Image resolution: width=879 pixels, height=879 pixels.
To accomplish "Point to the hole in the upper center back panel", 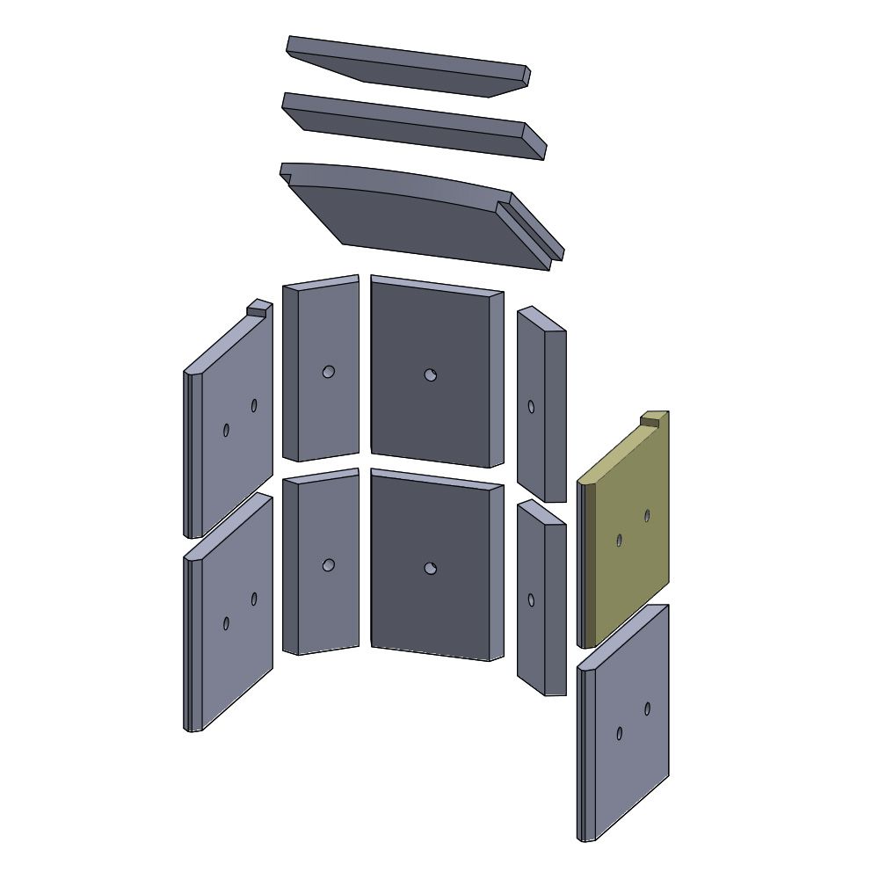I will click(430, 375).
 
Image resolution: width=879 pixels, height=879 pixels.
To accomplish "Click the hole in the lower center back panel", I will click(430, 569).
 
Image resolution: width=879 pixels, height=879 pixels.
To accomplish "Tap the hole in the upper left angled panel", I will click(328, 372).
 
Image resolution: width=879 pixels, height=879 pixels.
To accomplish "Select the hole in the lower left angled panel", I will click(328, 565).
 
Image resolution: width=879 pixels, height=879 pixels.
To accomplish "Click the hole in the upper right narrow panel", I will click(531, 406).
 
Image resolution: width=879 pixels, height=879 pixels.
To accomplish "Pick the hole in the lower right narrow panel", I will click(531, 599).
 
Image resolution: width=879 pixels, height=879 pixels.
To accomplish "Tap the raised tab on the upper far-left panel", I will click(258, 307).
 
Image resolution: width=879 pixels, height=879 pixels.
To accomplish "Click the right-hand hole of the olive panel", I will click(647, 516).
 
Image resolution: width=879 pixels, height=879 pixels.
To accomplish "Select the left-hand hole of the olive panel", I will click(620, 541).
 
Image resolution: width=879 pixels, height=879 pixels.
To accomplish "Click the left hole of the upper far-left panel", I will click(226, 430).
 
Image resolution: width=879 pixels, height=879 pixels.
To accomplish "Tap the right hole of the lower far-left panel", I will click(254, 599).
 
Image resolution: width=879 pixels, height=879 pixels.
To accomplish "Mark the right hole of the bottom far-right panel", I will click(647, 708).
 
